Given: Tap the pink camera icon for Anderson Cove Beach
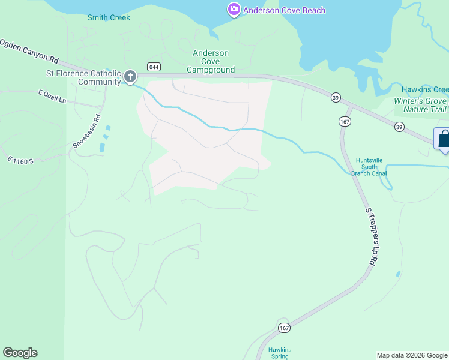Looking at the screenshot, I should [x=234, y=10].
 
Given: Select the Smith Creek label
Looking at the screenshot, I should [x=109, y=17].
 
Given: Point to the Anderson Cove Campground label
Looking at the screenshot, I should [x=211, y=61].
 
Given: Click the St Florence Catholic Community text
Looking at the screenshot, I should [x=84, y=78].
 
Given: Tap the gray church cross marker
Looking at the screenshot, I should [x=130, y=77].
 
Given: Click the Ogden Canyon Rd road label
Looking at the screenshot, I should [x=30, y=52].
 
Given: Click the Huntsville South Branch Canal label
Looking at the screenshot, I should [x=369, y=167].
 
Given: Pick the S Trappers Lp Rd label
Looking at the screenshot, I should [x=370, y=237].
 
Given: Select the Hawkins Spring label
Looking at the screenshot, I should [x=279, y=353].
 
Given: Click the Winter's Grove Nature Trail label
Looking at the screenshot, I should [x=421, y=105].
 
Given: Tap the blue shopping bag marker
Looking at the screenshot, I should [x=444, y=139].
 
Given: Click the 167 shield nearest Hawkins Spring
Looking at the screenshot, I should [x=284, y=328].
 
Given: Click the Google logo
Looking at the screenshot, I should [x=20, y=353].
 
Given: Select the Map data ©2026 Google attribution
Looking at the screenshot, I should [x=412, y=355].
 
